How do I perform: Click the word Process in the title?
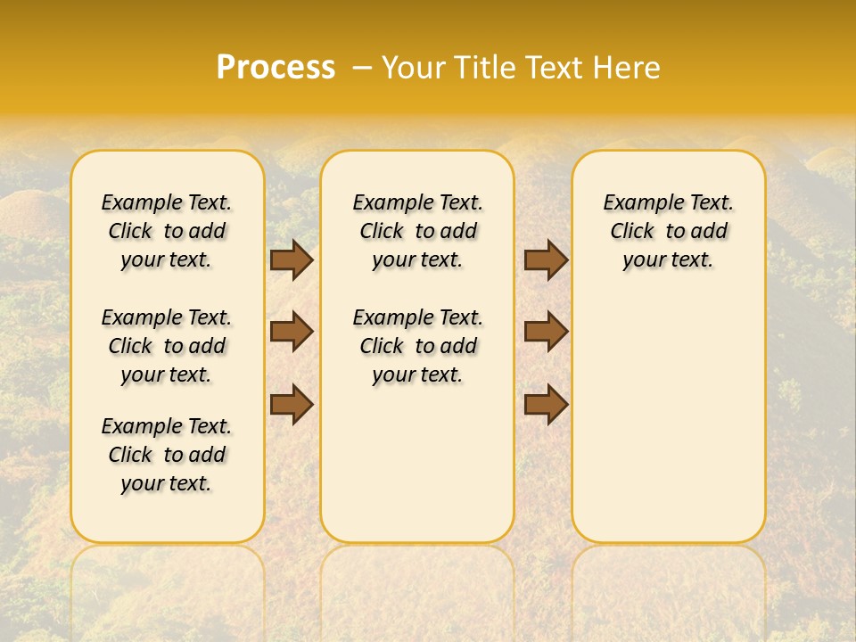coord(276,67)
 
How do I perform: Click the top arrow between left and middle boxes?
coord(292,259)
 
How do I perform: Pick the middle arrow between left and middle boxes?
coord(292,332)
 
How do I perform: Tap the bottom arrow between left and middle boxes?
coord(292,403)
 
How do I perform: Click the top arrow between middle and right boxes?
coord(546,259)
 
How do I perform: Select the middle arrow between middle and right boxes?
coord(546,332)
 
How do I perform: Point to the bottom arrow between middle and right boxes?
coord(546,403)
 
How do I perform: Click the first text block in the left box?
coord(167,231)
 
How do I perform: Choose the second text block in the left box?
coord(167,346)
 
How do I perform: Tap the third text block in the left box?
coord(167,455)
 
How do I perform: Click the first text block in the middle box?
coord(418,231)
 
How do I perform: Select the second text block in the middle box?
coord(418,346)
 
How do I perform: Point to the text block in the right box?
coord(669,231)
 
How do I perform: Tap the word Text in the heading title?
coord(555,67)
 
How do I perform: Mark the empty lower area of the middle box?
coord(417,464)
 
